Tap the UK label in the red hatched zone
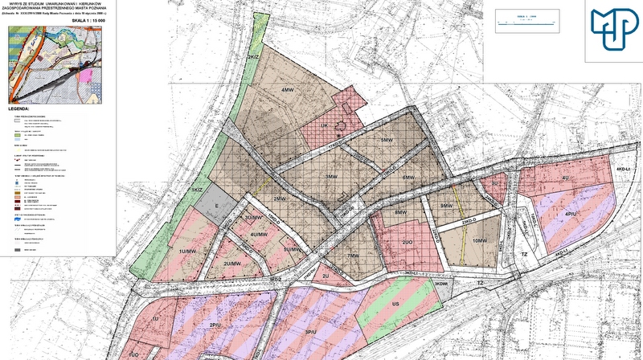pos(325,125)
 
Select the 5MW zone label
pos(387,140)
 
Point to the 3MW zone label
pos(330,176)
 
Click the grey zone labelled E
pos(215,207)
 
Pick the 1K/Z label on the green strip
pos(196,189)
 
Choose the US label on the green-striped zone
pos(395,305)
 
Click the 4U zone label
pos(565,177)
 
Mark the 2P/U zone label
pos(215,325)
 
